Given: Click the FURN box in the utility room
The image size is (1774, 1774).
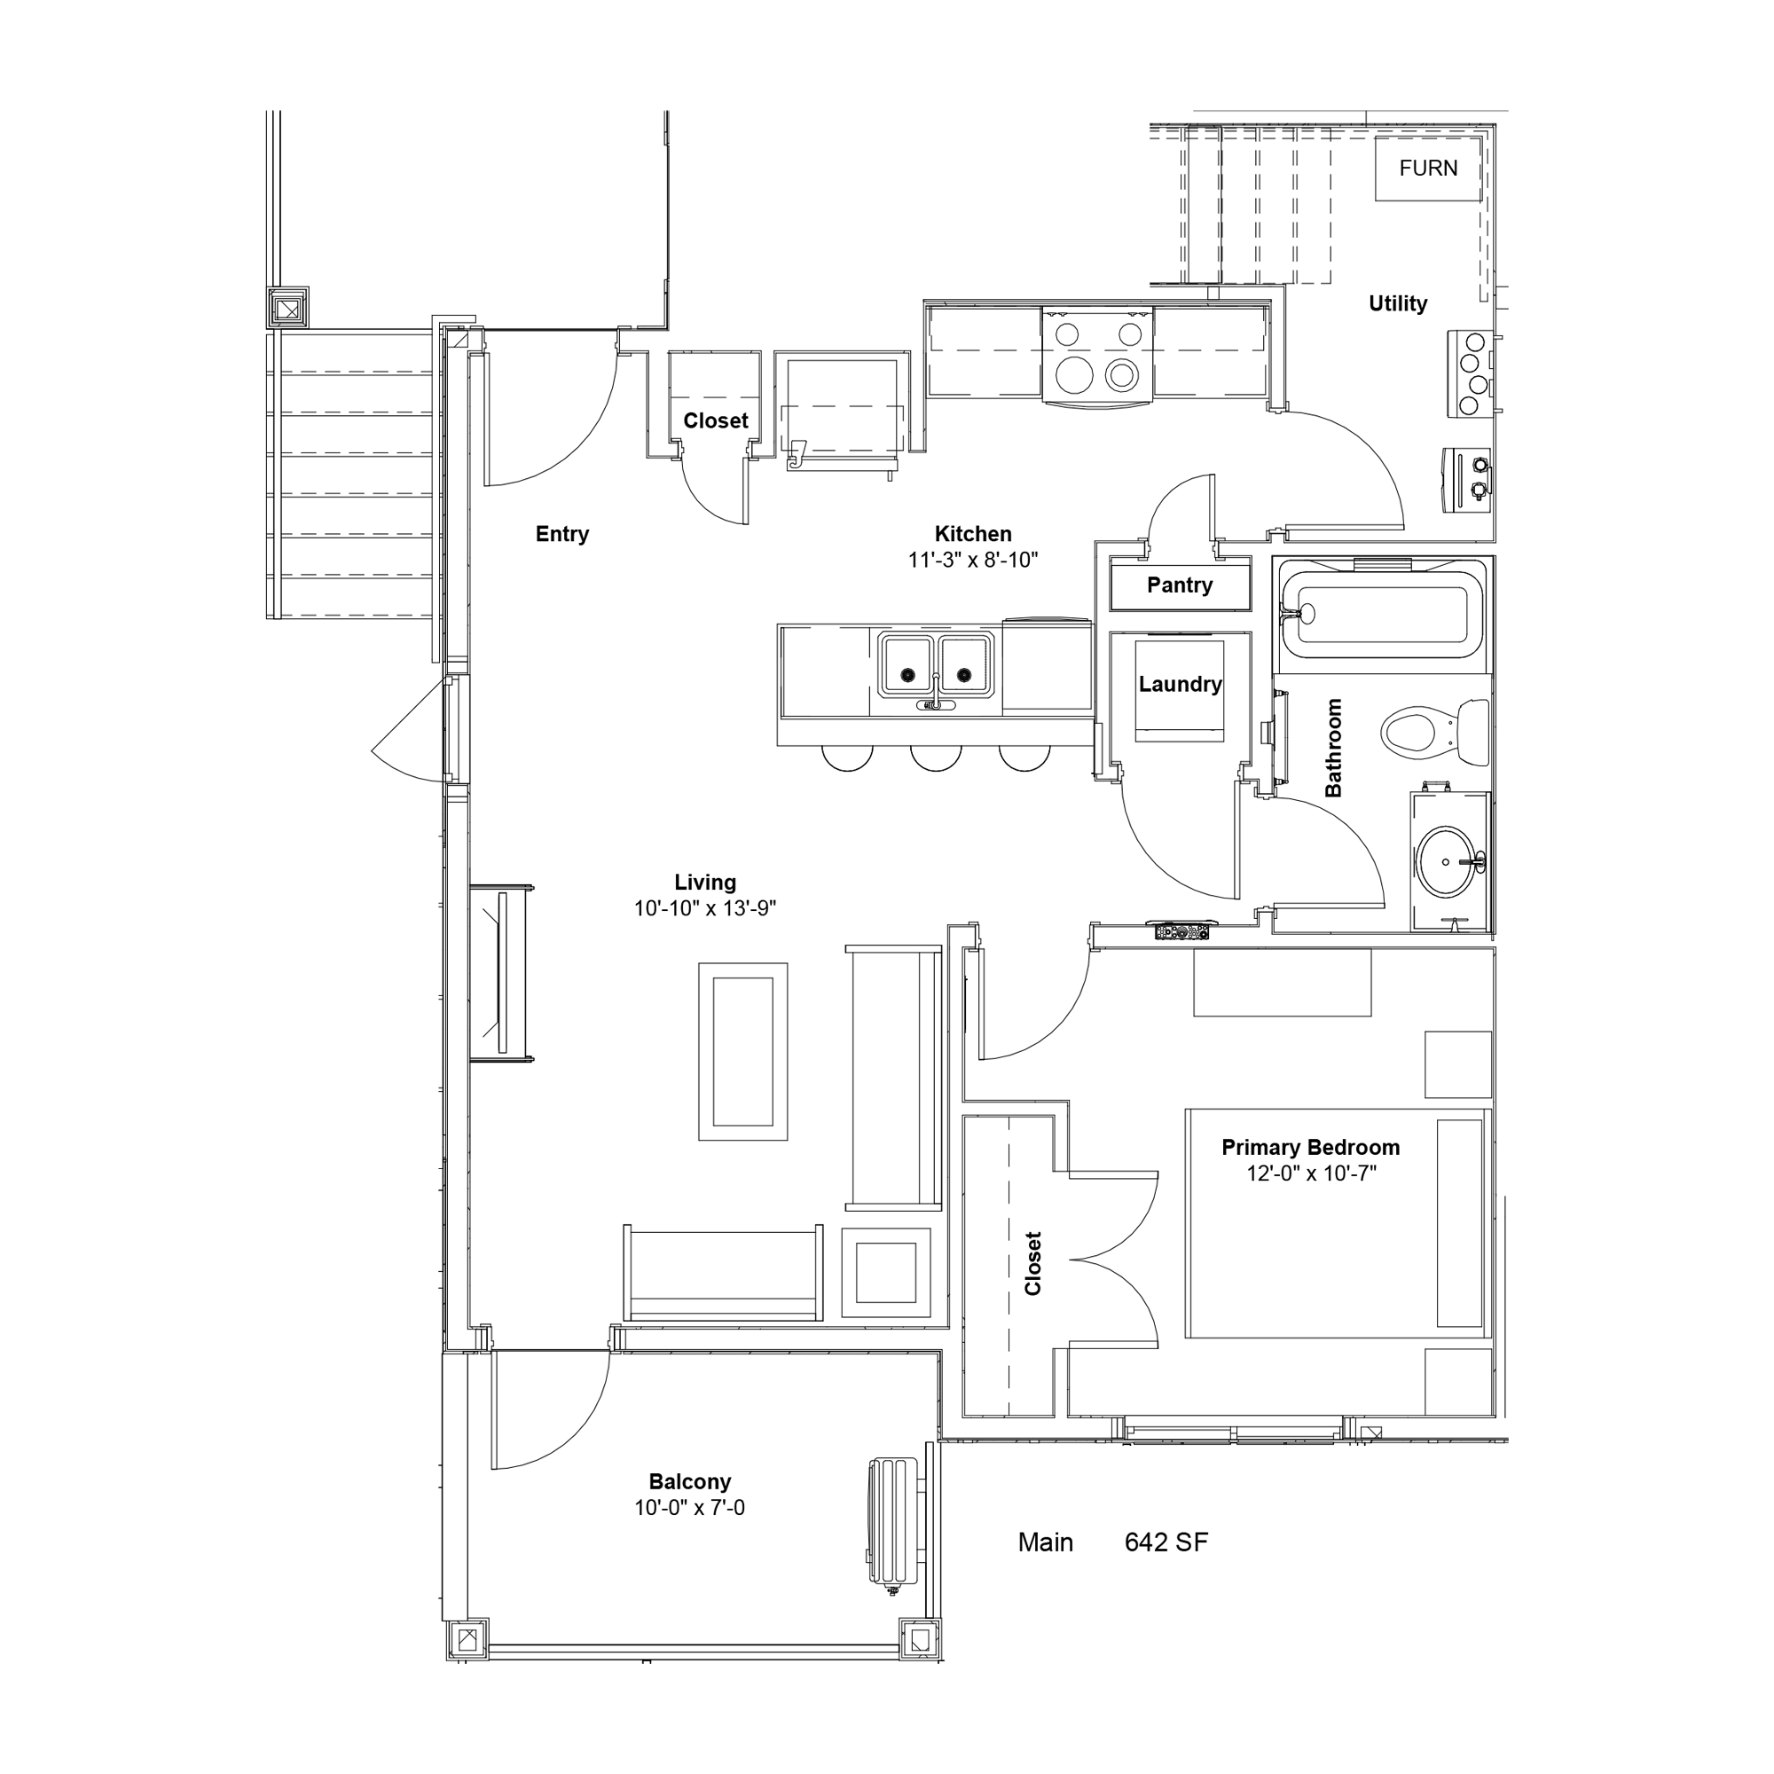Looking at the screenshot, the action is coord(1428,168).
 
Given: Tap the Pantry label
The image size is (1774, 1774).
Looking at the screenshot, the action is coord(1179,585).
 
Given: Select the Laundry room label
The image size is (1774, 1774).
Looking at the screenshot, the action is coord(1180,684).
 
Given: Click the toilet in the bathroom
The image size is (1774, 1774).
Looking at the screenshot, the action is coord(1434,733).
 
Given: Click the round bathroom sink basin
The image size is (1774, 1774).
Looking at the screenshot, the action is coord(1448,861).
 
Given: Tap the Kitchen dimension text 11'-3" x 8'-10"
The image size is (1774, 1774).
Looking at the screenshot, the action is coord(972,560).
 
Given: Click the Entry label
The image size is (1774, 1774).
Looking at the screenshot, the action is coord(562,533).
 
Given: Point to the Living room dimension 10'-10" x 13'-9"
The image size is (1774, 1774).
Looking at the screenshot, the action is coord(704,908).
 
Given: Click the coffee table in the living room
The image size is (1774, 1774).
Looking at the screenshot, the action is coord(742,1051).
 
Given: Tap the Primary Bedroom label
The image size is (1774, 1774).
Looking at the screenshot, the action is coord(1310,1147).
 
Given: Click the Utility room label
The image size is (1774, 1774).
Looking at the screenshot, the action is coord(1398,304).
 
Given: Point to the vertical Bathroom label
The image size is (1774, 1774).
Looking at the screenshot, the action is coord(1333,748).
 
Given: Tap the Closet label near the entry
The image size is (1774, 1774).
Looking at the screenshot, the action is coord(715,420).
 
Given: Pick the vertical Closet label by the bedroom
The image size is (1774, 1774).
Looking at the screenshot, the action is coord(1033,1263).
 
